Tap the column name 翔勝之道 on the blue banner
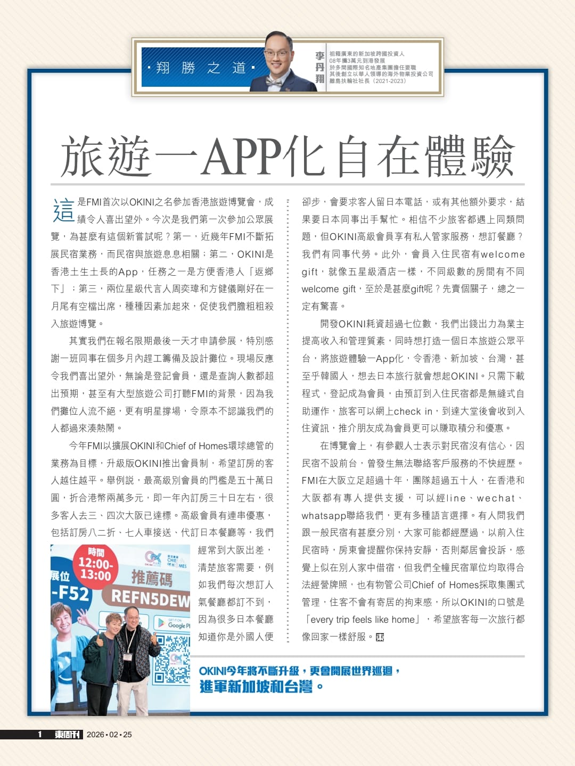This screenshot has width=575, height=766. click(201, 68)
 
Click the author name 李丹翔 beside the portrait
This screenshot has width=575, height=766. click(319, 68)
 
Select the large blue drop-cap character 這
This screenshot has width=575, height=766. click(63, 210)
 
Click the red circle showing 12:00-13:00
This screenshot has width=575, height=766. click(95, 565)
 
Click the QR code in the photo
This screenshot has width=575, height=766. click(172, 659)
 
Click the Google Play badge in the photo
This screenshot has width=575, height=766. click(172, 623)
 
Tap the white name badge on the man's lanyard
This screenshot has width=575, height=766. click(128, 656)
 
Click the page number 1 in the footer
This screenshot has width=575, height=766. click(40, 735)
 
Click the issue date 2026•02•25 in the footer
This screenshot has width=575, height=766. click(109, 735)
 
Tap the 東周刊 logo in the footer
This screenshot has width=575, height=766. click(68, 735)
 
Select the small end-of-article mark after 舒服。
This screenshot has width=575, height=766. click(380, 637)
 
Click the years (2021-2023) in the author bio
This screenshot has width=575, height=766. click(390, 81)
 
